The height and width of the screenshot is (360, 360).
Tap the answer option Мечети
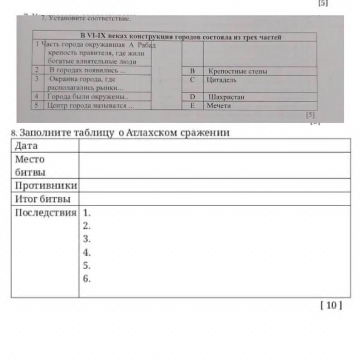(x=219, y=106)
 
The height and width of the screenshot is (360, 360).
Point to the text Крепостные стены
(x=238, y=71)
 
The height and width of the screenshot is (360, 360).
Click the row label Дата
(x=27, y=146)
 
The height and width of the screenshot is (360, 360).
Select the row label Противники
(x=46, y=186)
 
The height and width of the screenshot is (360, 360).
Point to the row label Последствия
(x=46, y=212)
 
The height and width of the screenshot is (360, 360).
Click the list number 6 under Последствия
(x=87, y=279)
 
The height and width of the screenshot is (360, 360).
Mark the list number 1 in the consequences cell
(x=87, y=212)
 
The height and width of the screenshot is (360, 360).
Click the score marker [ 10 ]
(x=331, y=305)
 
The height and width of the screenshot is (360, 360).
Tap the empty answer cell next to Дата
(x=214, y=146)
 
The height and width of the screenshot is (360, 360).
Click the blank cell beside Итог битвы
(x=214, y=199)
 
